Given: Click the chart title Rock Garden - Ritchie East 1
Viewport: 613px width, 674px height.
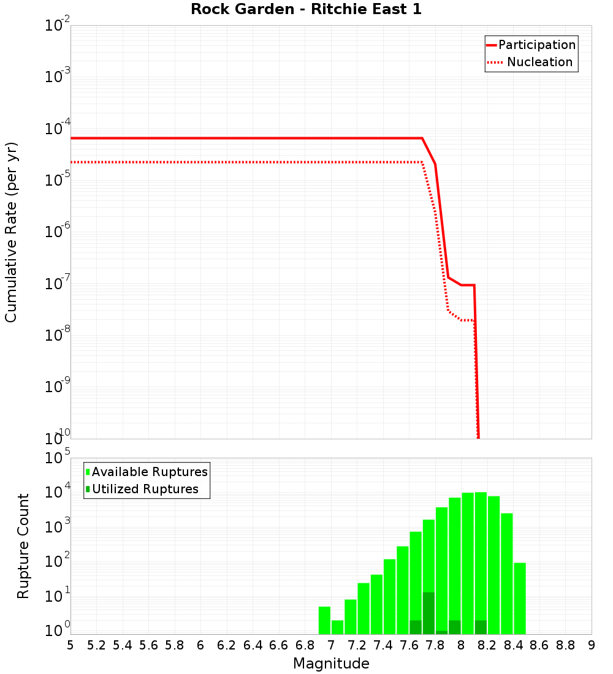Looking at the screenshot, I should click(306, 9).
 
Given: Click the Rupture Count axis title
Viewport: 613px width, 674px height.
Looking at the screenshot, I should click(23, 546).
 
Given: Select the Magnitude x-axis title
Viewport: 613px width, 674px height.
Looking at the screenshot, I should click(331, 664).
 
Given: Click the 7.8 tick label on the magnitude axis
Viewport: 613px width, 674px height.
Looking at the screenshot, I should click(435, 645).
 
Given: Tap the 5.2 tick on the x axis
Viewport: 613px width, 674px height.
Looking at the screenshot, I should click(97, 645).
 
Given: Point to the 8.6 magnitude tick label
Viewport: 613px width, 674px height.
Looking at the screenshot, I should click(539, 645).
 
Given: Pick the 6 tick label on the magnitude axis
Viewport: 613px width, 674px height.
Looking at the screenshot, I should click(200, 645).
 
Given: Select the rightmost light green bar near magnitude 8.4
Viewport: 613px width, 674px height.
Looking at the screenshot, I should click(520, 598).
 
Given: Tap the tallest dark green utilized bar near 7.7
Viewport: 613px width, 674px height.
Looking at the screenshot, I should click(428, 613).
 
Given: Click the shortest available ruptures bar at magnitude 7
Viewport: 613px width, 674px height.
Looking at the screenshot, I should click(337, 627).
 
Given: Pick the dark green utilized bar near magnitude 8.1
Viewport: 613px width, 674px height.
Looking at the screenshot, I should click(481, 627).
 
